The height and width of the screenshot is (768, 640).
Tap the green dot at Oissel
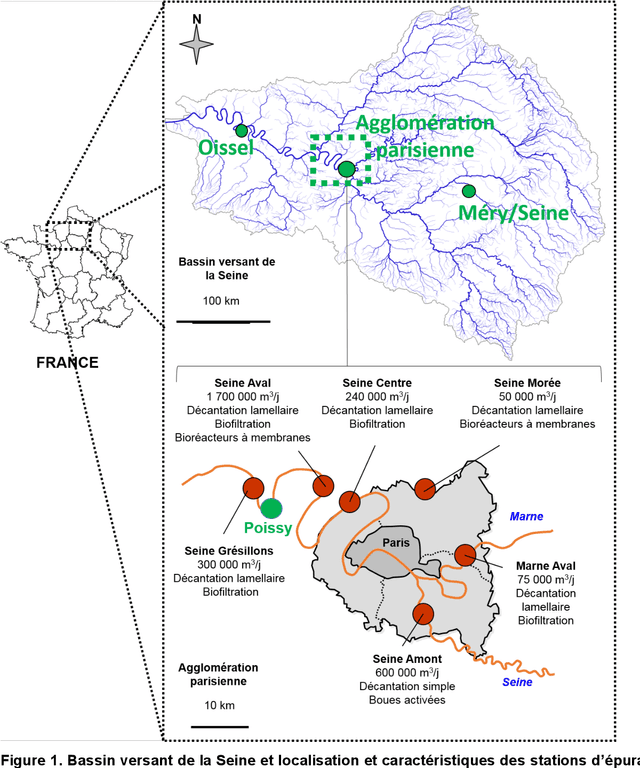[x=241, y=130]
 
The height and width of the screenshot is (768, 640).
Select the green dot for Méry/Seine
[x=468, y=190]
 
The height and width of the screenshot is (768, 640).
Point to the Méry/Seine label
[x=513, y=212]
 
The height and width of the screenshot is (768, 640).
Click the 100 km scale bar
[x=223, y=322]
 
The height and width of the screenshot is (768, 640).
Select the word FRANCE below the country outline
[x=67, y=362]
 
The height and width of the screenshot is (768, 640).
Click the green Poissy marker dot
[x=272, y=510]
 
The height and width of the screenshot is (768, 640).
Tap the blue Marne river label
[x=527, y=516]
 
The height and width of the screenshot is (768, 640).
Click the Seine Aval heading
[x=241, y=382]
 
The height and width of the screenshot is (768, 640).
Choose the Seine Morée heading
[x=528, y=382]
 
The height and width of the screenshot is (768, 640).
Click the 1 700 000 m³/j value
[x=241, y=396]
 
